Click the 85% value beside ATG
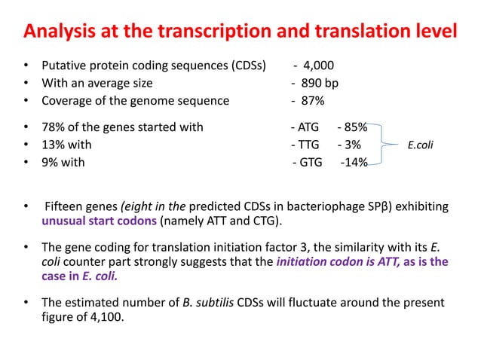(355, 127)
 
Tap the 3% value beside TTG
(351, 145)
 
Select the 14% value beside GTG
(355, 162)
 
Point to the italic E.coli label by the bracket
(421, 145)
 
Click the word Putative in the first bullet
(65, 66)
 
